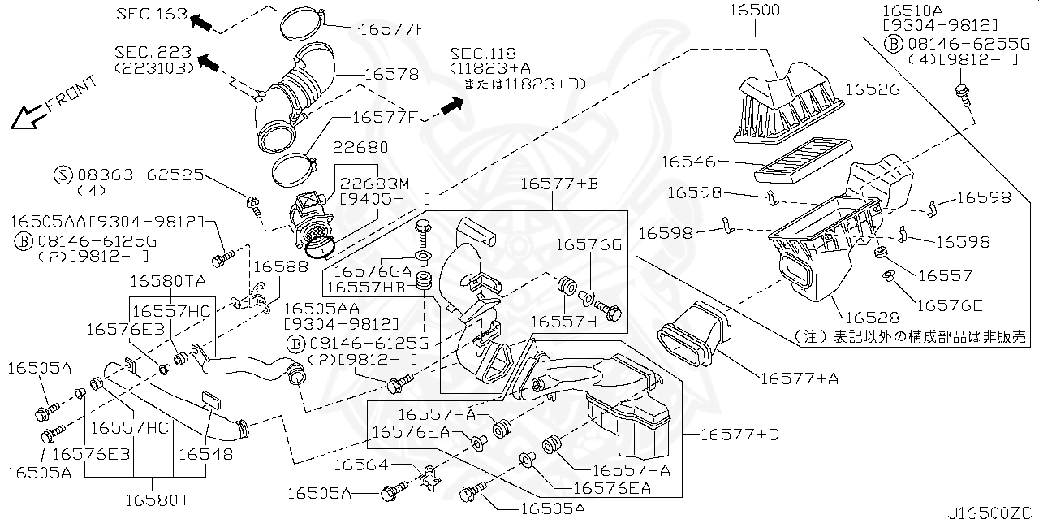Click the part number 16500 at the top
[x=754, y=11]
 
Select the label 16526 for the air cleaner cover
[x=873, y=89]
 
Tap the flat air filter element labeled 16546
[x=804, y=162]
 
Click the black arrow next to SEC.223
[x=209, y=61]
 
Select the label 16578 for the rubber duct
[x=391, y=74]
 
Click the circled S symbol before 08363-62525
[x=64, y=174]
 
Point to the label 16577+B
[x=559, y=184]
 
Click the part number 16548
[x=205, y=454]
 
